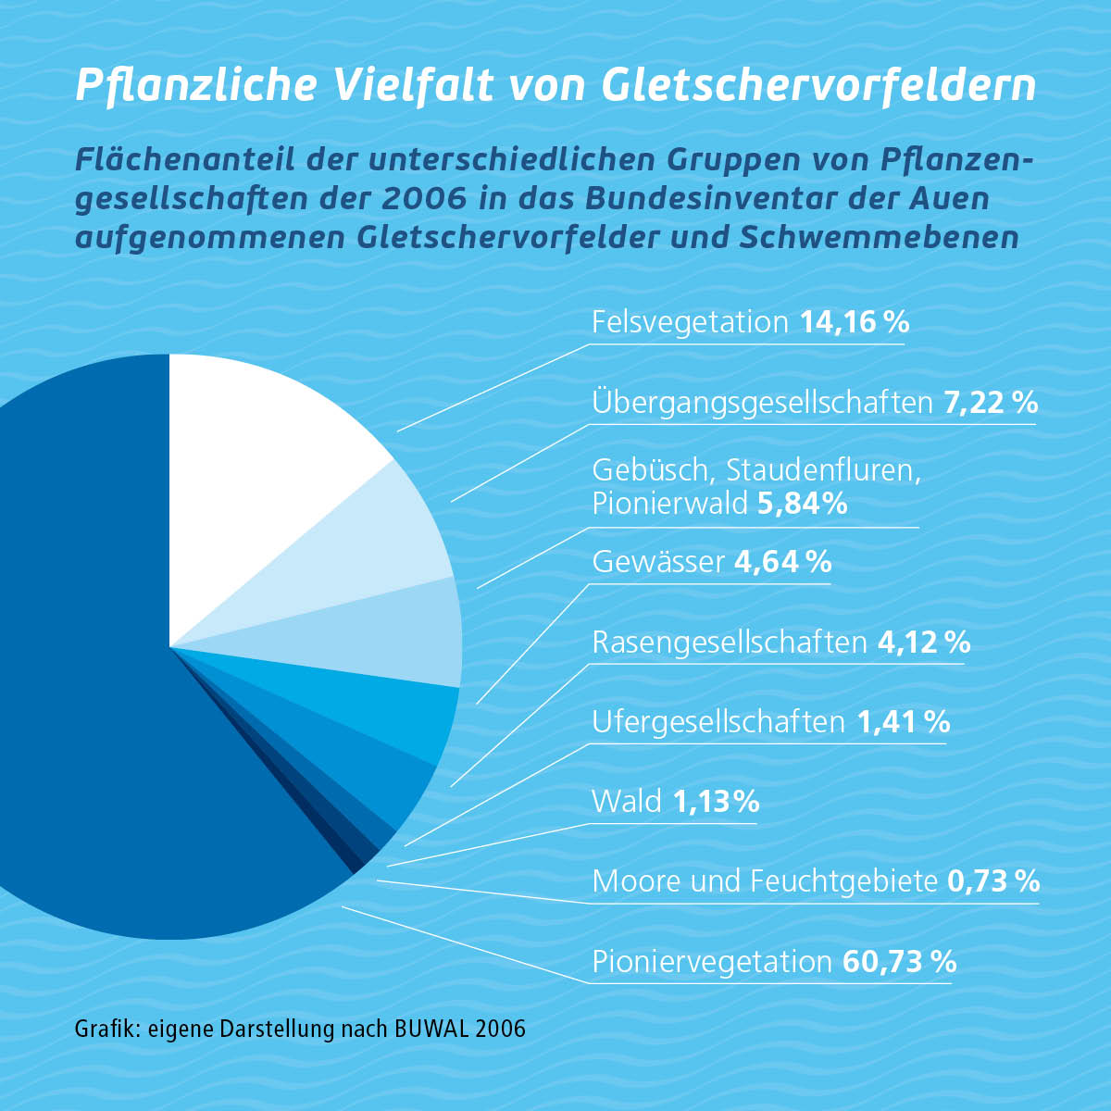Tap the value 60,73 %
(x=898, y=961)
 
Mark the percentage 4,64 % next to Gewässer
(x=782, y=562)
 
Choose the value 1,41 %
(x=903, y=721)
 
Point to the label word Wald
(x=627, y=801)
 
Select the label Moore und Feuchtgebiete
(x=765, y=880)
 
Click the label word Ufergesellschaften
(x=718, y=721)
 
